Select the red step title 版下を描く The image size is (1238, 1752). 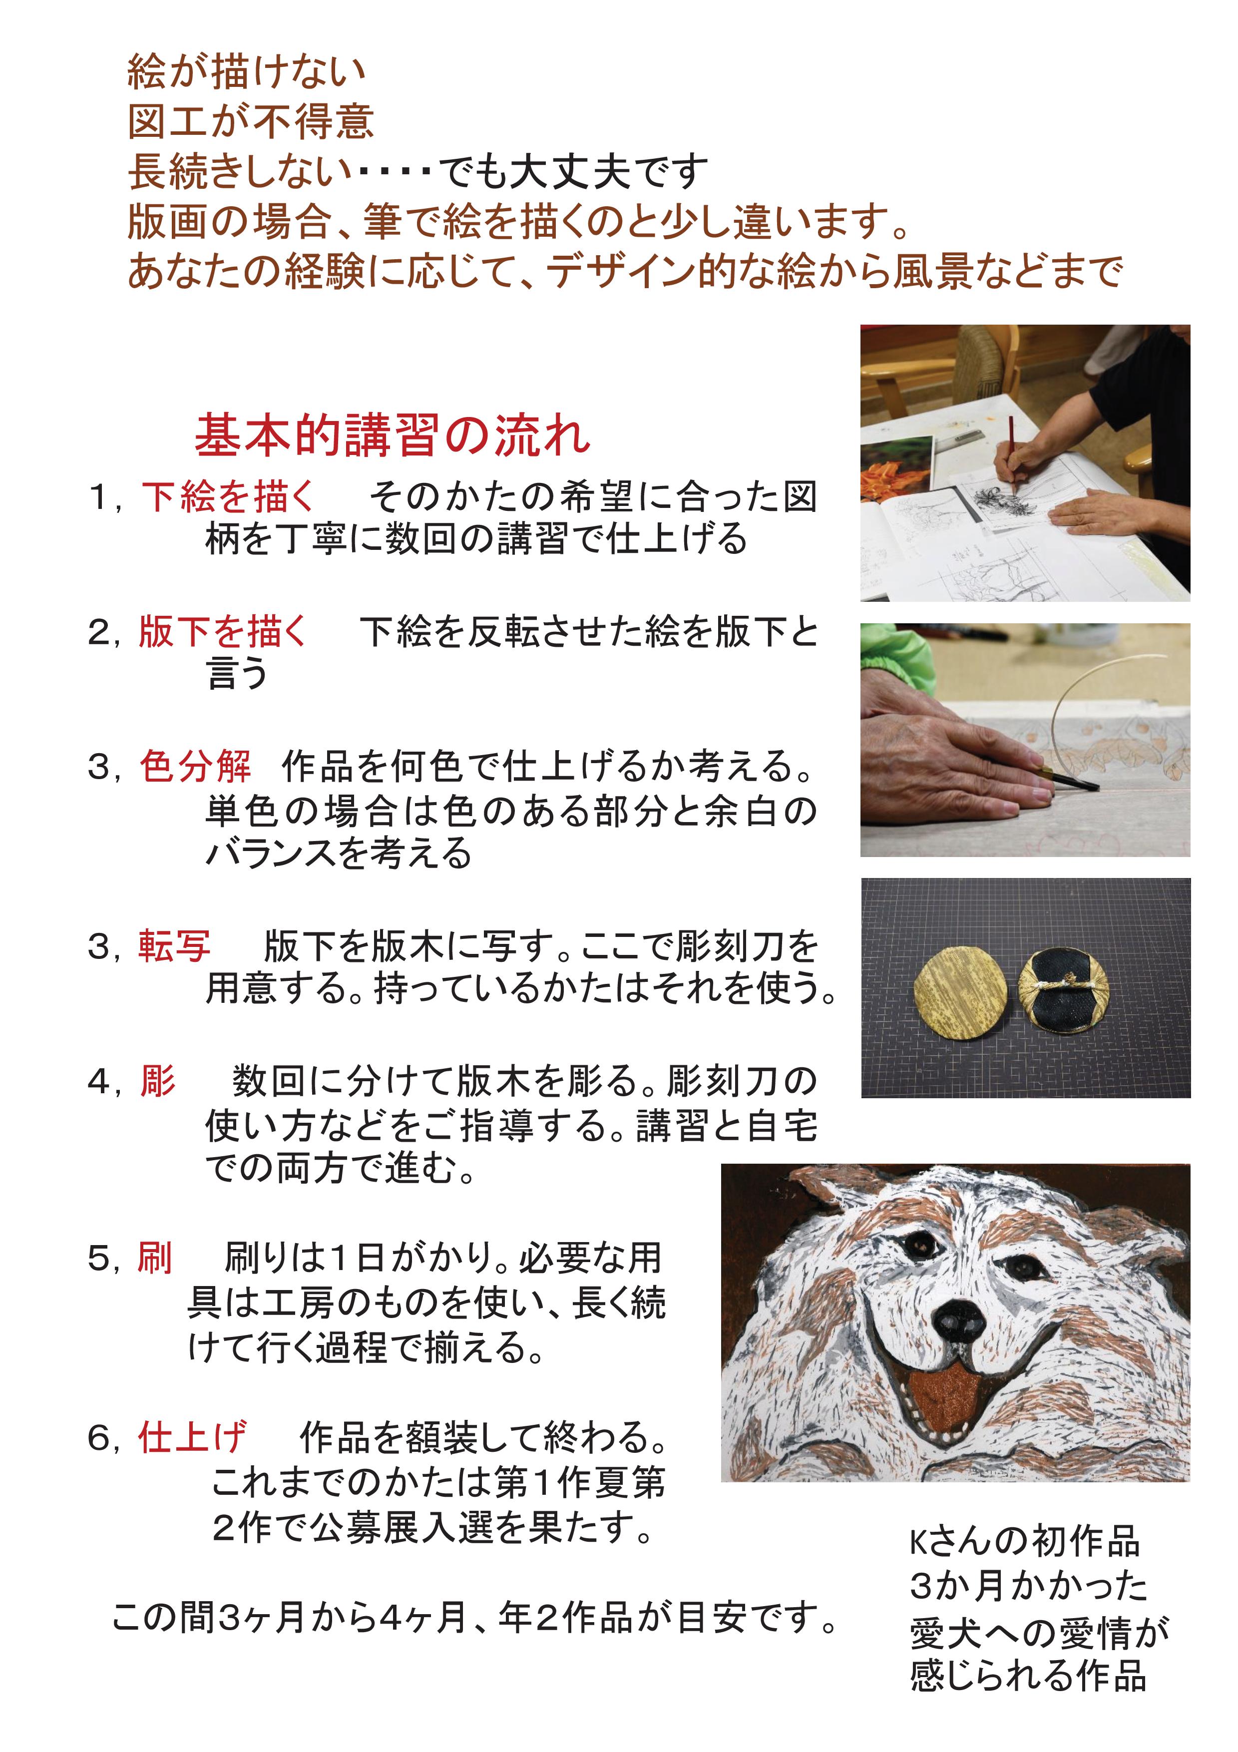(223, 632)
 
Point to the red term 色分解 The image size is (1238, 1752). (195, 766)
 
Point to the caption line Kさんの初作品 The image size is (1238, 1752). (1024, 1542)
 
